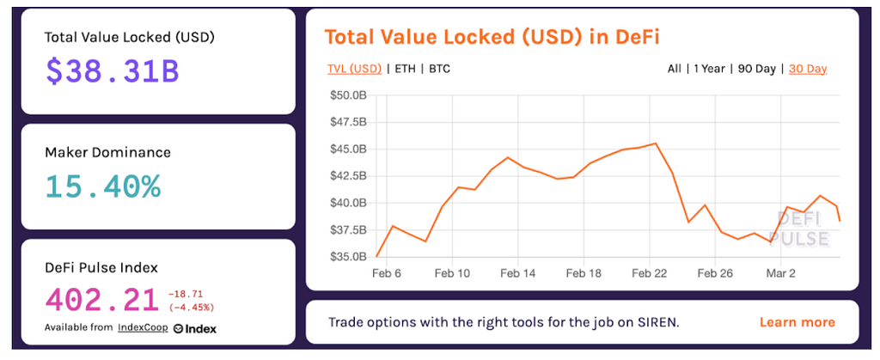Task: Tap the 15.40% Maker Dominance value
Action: pos(102,186)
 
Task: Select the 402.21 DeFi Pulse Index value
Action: pos(101,300)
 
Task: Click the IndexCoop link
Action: pos(142,328)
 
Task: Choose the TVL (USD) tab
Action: pos(354,68)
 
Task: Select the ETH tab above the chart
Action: pos(405,68)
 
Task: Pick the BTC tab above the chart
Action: pos(439,68)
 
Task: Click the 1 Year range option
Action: pos(708,68)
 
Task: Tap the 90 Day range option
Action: pos(756,68)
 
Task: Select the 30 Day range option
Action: pos(808,68)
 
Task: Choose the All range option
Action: pos(675,68)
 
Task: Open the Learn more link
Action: pos(797,322)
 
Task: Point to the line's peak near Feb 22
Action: pos(656,143)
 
